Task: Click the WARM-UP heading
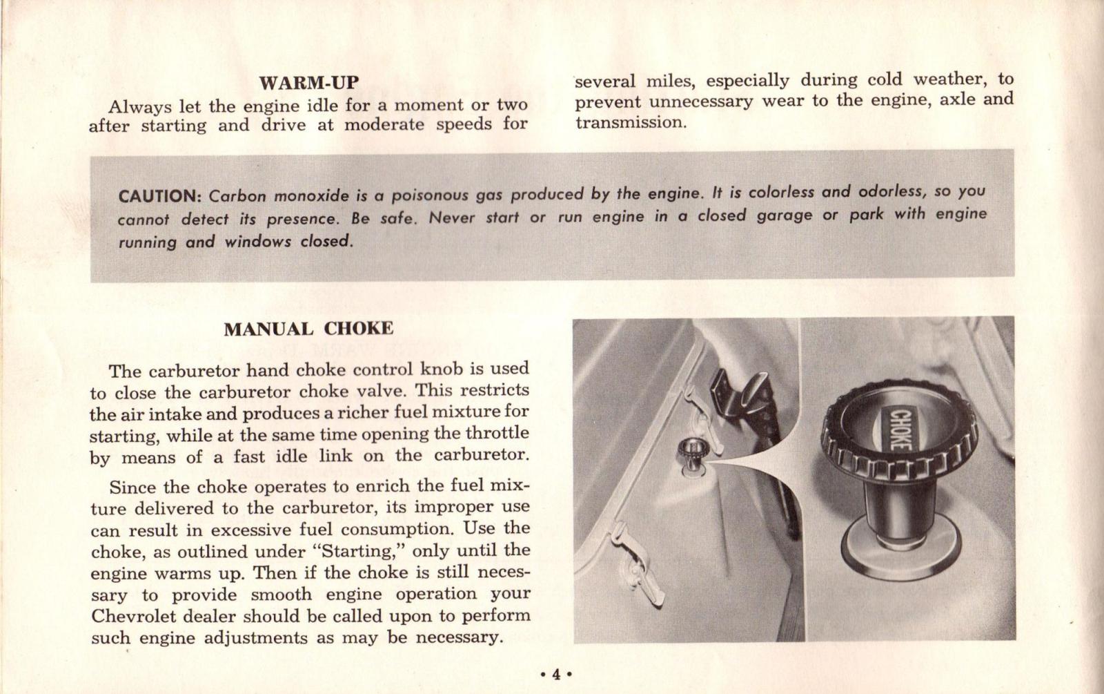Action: pos(308,83)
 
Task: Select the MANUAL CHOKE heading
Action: pos(308,329)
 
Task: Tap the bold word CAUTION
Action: pos(159,196)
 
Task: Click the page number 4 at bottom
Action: pos(555,675)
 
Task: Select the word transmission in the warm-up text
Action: pos(631,123)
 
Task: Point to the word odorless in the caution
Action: pos(892,192)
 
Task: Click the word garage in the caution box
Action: pos(785,215)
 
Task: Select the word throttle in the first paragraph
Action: pos(497,433)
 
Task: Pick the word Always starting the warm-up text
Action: pos(140,107)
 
